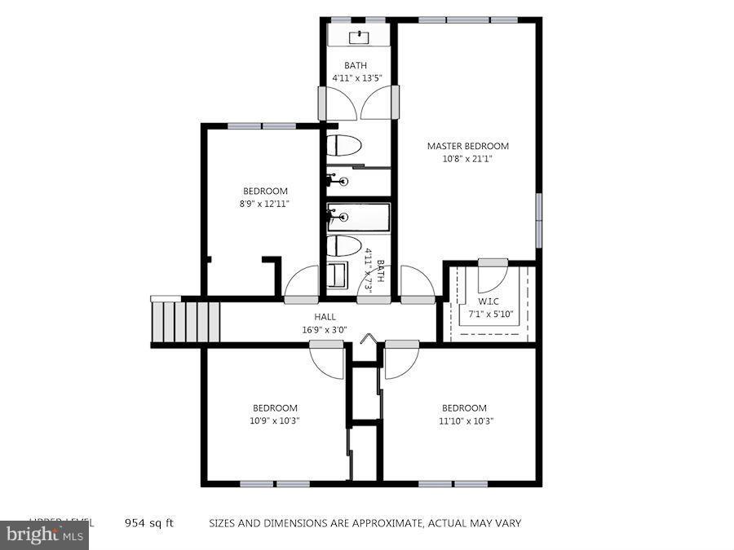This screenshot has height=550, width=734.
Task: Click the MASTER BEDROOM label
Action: pyautogui.click(x=467, y=147)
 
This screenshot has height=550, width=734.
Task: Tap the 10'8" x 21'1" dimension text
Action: pyautogui.click(x=467, y=160)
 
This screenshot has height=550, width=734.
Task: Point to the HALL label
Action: pyautogui.click(x=325, y=317)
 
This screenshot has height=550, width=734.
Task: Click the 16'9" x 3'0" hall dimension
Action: pyautogui.click(x=325, y=330)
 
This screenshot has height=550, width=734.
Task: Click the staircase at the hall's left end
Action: pyautogui.click(x=186, y=320)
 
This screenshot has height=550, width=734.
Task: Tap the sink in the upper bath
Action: pyautogui.click(x=359, y=36)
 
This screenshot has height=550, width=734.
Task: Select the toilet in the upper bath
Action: pyautogui.click(x=344, y=147)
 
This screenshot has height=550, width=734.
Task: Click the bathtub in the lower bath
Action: pyautogui.click(x=359, y=217)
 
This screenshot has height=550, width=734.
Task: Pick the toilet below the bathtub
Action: pyautogui.click(x=344, y=245)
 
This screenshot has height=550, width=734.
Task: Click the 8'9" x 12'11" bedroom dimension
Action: pyautogui.click(x=264, y=204)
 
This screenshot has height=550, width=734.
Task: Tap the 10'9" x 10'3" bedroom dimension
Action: pyautogui.click(x=274, y=421)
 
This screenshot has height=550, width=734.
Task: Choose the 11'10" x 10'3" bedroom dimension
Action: pyautogui.click(x=464, y=421)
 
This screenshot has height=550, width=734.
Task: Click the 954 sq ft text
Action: pyautogui.click(x=148, y=523)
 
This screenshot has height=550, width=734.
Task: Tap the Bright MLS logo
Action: pyautogui.click(x=44, y=535)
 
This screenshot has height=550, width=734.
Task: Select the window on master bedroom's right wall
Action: pyautogui.click(x=538, y=219)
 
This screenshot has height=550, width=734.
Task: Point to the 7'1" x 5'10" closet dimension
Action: pyautogui.click(x=489, y=315)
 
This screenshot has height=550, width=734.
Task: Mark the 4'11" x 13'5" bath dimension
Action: pyautogui.click(x=356, y=78)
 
